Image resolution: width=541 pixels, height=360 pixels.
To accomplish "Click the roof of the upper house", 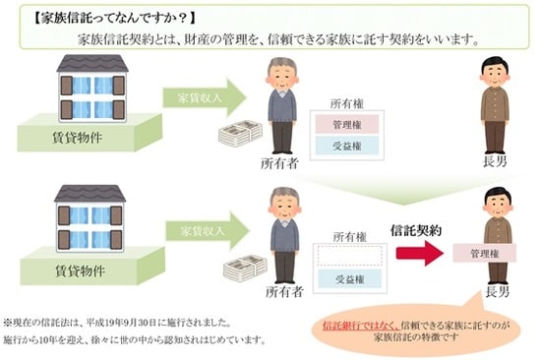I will (x=91, y=64).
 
